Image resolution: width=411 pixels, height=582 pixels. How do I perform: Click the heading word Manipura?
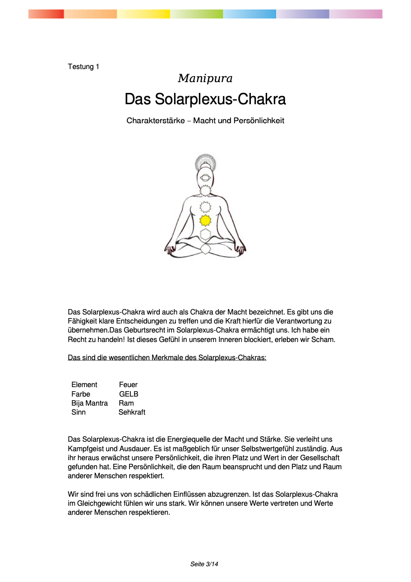(205, 79)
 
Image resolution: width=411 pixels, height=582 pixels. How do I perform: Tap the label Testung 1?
(83, 67)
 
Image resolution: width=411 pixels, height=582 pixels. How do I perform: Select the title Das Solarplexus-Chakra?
(205, 99)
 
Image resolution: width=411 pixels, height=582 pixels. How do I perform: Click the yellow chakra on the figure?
(205, 220)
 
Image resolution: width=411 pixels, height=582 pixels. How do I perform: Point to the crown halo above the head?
(205, 161)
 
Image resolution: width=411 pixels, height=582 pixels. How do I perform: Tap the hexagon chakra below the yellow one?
(205, 234)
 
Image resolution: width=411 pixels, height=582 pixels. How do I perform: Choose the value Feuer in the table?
(128, 385)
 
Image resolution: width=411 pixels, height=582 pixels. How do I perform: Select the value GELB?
(129, 394)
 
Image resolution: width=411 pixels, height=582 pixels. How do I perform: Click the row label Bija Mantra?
(89, 403)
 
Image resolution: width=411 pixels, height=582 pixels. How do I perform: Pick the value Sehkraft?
(132, 412)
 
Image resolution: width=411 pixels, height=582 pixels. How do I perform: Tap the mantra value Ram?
(126, 403)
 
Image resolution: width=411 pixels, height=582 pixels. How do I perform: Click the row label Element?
(84, 385)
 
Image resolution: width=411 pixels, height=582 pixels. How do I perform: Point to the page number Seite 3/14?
(204, 564)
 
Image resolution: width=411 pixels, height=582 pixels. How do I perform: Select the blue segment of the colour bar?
(249, 14)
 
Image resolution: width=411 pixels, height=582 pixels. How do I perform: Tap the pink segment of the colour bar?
(356, 14)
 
